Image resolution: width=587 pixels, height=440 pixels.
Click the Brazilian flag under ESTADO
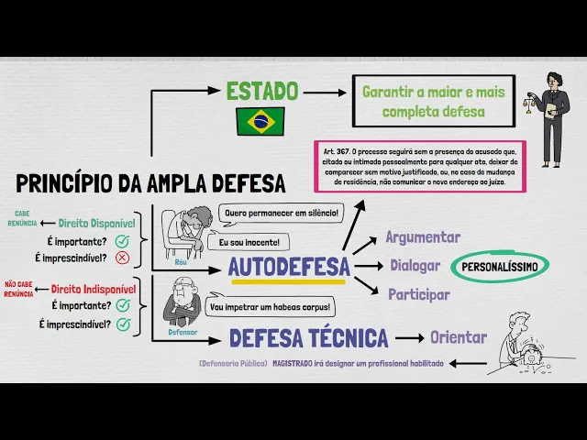pos(260,120)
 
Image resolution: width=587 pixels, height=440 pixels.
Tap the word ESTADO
pos(262,91)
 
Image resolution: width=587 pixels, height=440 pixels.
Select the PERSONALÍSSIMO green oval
pos(500,267)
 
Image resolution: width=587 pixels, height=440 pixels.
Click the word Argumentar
pos(423,237)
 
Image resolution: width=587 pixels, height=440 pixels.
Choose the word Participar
pos(419,295)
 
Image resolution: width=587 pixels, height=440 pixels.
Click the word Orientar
pos(459,337)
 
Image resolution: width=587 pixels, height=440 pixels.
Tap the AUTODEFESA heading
pos(289,268)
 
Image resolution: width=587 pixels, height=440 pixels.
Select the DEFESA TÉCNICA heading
pos(309,338)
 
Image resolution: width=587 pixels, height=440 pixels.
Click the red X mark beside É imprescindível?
pos(122,258)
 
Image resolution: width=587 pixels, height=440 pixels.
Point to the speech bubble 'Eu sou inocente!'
pos(249,242)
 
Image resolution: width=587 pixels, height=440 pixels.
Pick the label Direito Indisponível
pos(94,289)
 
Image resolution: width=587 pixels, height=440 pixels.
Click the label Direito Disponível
pos(96,223)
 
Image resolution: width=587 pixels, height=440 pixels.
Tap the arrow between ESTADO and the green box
pos(323,92)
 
